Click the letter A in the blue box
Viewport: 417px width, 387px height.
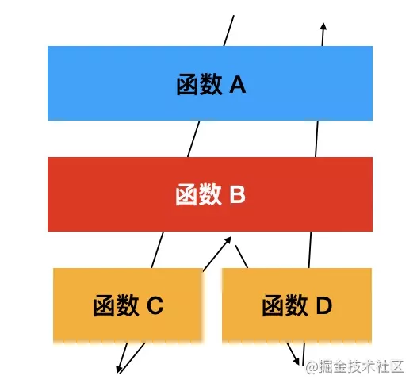[238, 85]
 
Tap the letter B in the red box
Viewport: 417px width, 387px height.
[238, 194]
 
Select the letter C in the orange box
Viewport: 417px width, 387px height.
[155, 305]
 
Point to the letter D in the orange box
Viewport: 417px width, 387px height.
[324, 305]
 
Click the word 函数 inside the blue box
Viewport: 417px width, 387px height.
[199, 85]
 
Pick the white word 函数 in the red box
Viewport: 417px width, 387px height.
[198, 194]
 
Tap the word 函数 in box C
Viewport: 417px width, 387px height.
[116, 305]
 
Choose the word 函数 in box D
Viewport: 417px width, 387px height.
[285, 305]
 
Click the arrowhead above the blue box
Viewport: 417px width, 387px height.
[323, 26]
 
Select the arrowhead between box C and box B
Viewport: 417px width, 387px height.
[228, 240]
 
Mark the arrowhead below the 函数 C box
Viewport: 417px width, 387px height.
[119, 370]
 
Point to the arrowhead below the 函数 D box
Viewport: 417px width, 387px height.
[296, 361]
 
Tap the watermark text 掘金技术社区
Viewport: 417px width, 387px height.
[362, 367]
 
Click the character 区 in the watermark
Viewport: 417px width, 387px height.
[397, 367]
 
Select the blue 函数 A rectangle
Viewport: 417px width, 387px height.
[210, 83]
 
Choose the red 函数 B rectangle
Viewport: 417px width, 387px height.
[210, 194]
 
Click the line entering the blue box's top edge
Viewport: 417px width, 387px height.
[228, 31]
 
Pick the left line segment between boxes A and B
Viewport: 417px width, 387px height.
[193, 139]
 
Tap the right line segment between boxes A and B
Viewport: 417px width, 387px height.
[316, 139]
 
